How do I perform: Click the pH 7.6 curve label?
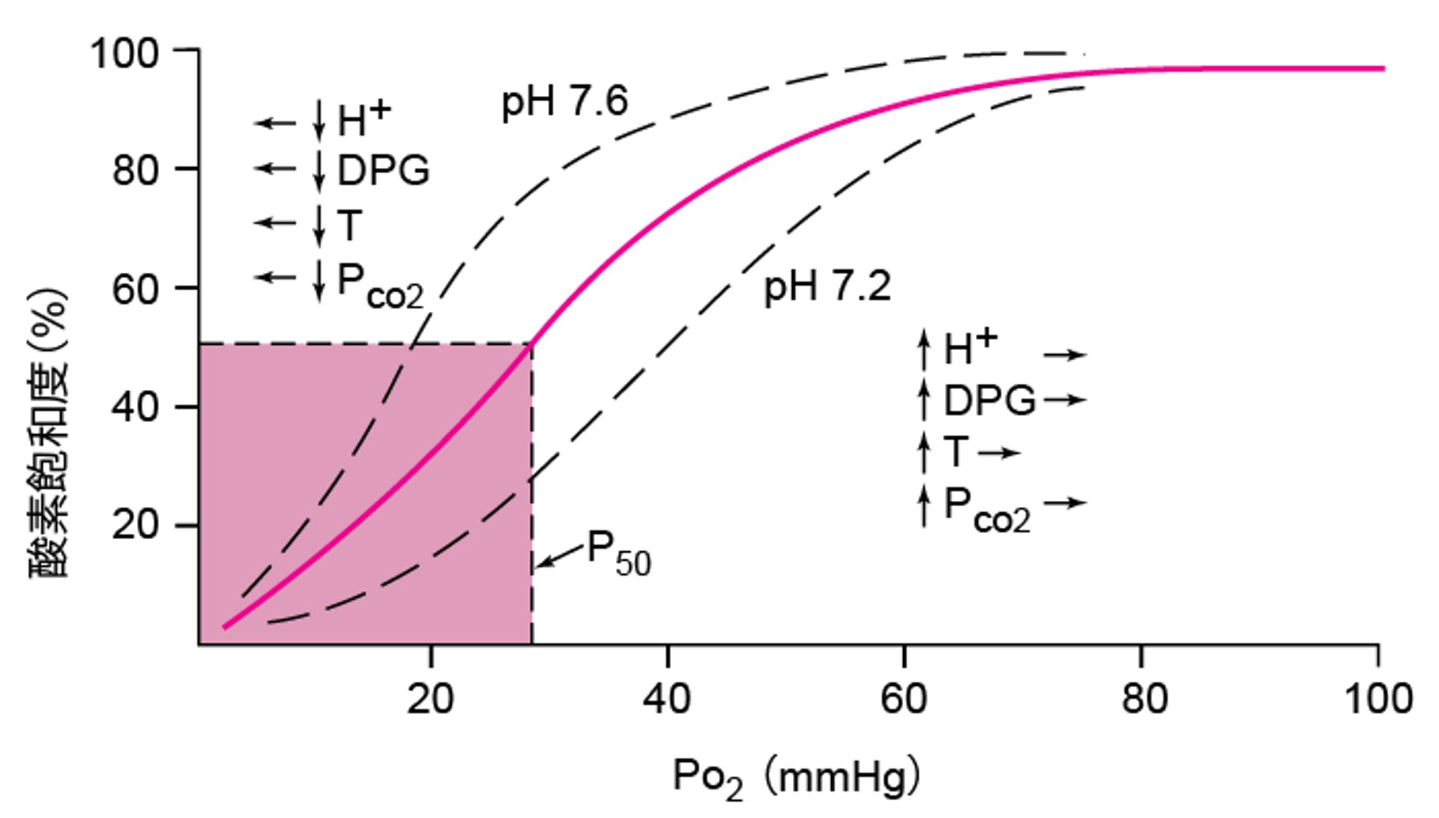(x=564, y=102)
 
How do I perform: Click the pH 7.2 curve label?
(x=827, y=287)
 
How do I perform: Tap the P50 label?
(x=619, y=553)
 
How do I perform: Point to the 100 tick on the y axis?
(x=124, y=54)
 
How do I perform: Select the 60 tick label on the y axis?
(x=136, y=289)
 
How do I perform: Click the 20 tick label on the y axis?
(x=136, y=525)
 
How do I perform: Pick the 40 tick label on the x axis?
(x=667, y=700)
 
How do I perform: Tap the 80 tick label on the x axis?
(x=1144, y=700)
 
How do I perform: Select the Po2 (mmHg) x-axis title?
(x=797, y=778)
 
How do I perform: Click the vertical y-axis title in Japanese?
(x=49, y=433)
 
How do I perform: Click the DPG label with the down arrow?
(x=383, y=171)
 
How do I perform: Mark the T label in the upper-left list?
(x=349, y=225)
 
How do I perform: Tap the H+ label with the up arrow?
(x=970, y=348)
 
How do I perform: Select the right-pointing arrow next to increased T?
(x=999, y=453)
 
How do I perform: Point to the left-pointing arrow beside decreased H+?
(x=275, y=123)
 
